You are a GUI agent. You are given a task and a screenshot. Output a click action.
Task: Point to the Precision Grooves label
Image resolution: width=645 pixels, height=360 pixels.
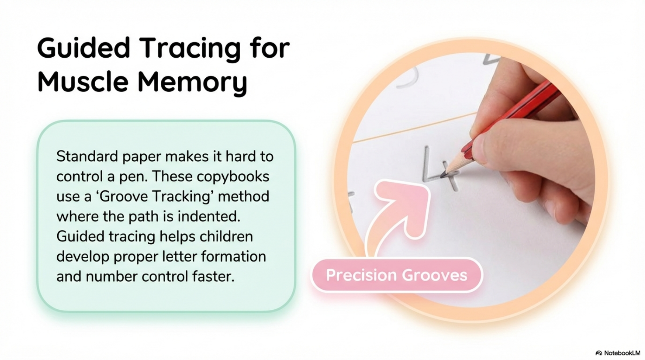coord(396,275)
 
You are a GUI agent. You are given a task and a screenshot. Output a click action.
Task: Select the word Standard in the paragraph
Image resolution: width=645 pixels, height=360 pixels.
coord(87,156)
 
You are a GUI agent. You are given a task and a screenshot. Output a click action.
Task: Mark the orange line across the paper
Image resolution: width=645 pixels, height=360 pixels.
coord(415,127)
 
